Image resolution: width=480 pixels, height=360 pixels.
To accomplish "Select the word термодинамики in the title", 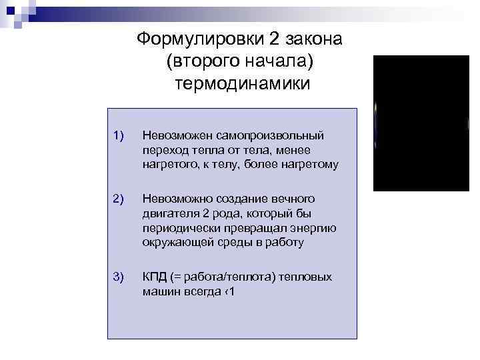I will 242,85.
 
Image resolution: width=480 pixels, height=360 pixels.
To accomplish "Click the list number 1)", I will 119,136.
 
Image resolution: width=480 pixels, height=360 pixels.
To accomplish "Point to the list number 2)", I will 119,199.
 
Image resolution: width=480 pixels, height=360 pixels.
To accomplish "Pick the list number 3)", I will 119,277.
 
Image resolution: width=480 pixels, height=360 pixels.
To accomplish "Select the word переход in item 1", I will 163,150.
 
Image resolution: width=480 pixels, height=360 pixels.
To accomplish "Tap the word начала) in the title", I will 280,61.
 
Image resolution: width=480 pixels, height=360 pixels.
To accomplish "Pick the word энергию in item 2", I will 313,228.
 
